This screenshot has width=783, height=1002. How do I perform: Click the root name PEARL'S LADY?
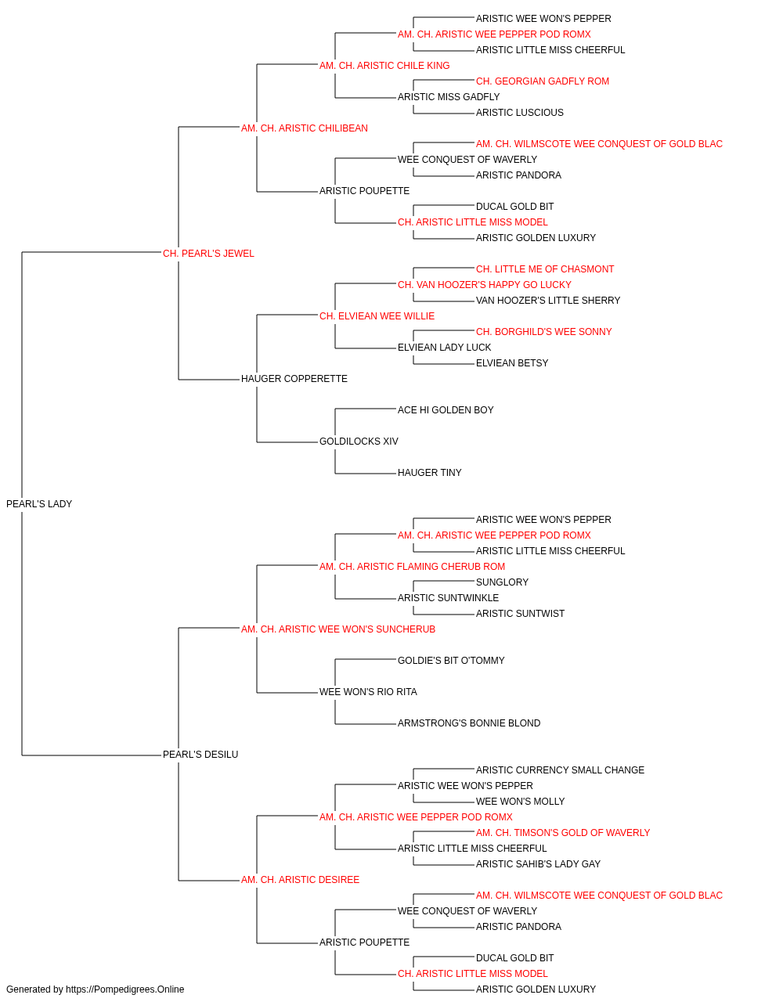pos(39,504)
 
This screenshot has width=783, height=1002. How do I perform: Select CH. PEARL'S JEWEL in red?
pos(208,254)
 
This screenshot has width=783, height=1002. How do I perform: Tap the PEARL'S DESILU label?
pos(200,755)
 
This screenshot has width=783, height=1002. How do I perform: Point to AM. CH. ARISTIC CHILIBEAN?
pos(305,128)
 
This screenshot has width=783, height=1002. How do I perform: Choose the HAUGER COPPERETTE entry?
pos(294,379)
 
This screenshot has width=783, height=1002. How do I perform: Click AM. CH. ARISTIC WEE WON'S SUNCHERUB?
pos(338,629)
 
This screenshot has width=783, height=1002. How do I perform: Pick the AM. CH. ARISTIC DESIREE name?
pos(300,880)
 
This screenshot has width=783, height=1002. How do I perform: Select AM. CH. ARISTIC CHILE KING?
pos(384,66)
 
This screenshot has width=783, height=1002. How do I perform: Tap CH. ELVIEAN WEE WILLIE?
pos(377,315)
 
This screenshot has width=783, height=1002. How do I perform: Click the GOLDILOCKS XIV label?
pos(359,442)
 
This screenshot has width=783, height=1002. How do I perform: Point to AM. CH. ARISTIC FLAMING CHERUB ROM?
pos(413,566)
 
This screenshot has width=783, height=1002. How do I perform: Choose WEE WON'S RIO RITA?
pos(368,692)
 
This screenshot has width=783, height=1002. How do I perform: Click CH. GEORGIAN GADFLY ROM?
pos(543,81)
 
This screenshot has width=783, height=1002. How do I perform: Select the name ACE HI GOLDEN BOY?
pos(446,410)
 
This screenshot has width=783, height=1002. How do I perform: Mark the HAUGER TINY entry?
pos(429,473)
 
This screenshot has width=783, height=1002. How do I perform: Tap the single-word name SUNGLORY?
pos(502,582)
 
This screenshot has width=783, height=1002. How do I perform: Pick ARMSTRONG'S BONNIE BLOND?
pos(469,723)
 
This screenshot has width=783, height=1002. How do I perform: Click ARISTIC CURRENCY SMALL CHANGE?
pos(561,770)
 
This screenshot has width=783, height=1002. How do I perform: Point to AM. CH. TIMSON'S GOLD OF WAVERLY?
pos(563,833)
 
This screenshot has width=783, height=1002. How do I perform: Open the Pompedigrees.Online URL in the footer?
pos(125,989)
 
